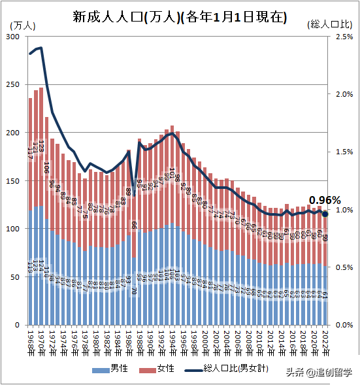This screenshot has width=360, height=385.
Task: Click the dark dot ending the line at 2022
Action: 325,214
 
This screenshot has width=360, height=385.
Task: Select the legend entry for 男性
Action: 112,369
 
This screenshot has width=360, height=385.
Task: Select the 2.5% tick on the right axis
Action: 344,37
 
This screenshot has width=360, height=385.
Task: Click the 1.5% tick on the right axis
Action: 344,152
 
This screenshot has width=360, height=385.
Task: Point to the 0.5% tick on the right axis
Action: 344,267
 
